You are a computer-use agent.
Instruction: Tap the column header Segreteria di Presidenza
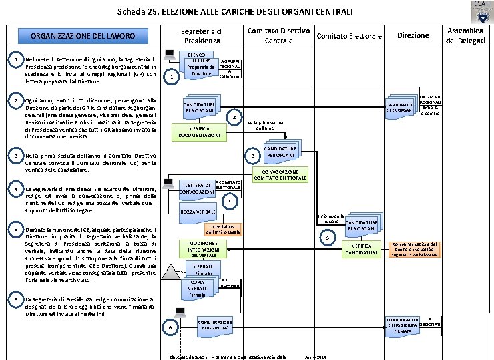[x=201, y=36]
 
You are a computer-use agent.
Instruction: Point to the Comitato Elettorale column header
[x=349, y=36]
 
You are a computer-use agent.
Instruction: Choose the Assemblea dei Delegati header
[x=465, y=35]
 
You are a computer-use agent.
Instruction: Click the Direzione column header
[x=413, y=35]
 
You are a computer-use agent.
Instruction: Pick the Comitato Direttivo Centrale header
[x=278, y=36]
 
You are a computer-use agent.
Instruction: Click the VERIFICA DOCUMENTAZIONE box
[x=200, y=131]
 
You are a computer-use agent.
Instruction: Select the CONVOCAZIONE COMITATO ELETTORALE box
[x=280, y=174]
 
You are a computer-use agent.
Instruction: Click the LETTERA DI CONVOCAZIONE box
[x=198, y=189]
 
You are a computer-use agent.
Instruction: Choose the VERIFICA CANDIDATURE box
[x=362, y=249]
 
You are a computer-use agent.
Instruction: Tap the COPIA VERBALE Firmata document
[x=197, y=289]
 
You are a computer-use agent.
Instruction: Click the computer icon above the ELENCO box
[x=170, y=54]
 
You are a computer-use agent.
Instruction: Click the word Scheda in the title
[x=130, y=11]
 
